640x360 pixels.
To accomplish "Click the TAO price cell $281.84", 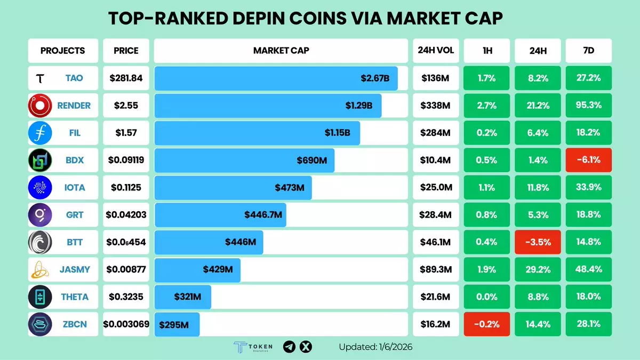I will tap(126, 78).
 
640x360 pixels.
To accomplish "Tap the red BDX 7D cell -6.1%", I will tap(588, 160).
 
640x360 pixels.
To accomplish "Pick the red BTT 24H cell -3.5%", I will tap(537, 242).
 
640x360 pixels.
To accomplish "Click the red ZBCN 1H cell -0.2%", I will tap(486, 324).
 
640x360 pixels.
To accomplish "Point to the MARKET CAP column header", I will tap(281, 51).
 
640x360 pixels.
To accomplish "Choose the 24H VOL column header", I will tap(436, 51).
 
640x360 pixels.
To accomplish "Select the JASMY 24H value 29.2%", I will tap(537, 269).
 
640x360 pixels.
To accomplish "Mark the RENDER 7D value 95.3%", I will tap(588, 106).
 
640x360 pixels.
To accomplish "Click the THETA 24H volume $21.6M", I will tap(436, 297).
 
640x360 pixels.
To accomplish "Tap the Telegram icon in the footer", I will tap(289, 347).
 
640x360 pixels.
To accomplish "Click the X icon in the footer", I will tap(306, 347).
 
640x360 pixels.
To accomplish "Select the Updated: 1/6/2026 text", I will tap(375, 347).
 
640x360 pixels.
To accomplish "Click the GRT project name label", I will tap(74, 215).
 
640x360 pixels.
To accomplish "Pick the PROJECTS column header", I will tap(62, 51).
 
